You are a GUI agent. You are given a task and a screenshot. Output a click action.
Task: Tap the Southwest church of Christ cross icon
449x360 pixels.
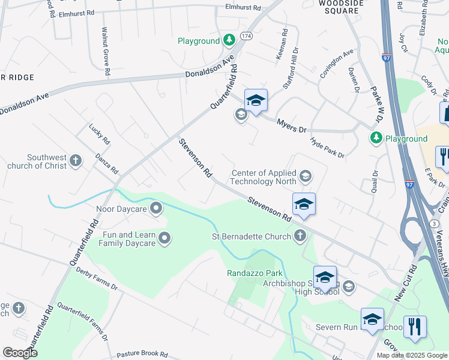(x=75, y=160)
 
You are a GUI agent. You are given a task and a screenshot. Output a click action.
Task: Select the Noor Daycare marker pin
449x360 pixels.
(x=156, y=209)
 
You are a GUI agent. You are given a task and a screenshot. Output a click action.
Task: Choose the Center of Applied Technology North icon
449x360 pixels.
(x=306, y=176)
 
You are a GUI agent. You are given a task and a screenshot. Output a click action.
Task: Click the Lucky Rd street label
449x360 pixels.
(x=100, y=134)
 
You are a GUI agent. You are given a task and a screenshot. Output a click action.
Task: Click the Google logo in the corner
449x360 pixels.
(x=20, y=353)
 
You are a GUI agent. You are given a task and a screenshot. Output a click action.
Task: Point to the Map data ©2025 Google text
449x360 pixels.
(x=411, y=355)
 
